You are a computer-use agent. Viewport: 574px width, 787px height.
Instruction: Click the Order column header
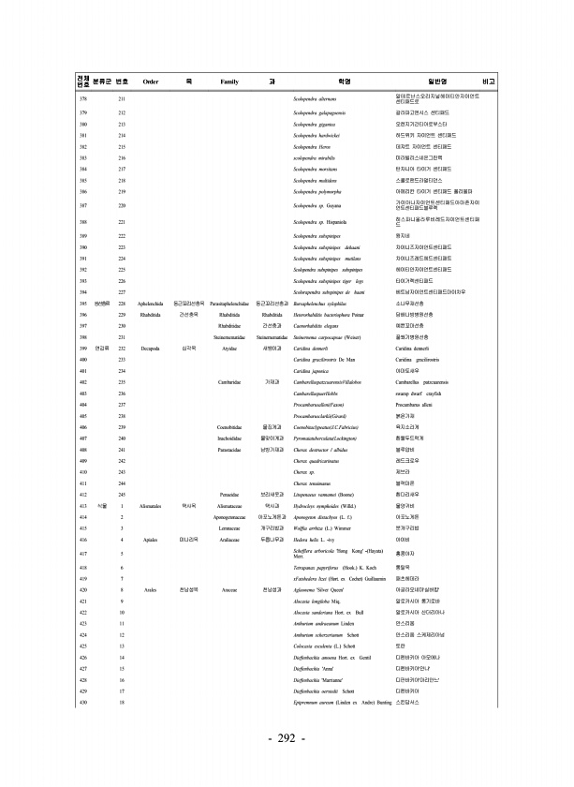150,82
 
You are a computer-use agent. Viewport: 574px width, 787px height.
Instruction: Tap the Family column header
229,82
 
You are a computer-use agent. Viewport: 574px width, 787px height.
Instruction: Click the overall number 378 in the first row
84,98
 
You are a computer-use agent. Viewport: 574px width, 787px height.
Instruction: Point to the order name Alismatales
150,505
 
